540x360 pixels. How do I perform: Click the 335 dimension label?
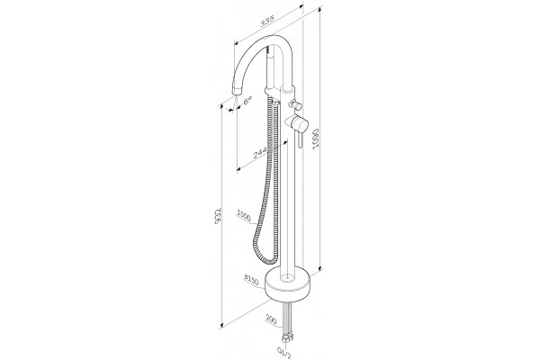point(267,22)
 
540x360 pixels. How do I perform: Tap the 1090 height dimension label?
point(316,139)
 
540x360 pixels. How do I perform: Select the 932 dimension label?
point(217,217)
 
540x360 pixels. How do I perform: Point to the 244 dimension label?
point(260,152)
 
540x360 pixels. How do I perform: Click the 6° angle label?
point(247,101)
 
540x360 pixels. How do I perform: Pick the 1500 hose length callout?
point(244,215)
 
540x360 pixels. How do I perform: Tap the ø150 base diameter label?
point(251,280)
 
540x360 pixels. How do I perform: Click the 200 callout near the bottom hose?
point(272,320)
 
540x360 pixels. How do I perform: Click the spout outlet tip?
point(238,92)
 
